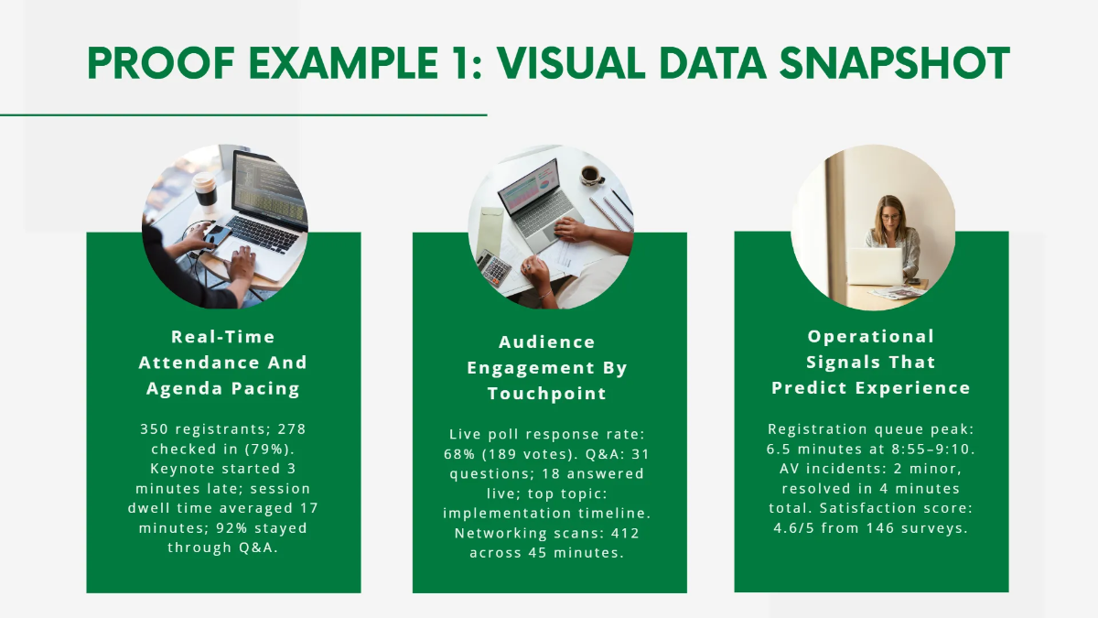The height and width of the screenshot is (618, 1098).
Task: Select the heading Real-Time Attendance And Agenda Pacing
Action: [x=223, y=363]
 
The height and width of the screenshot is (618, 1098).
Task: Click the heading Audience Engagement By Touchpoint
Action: [x=547, y=368]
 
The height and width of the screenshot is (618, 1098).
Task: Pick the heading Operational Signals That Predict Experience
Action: [x=871, y=363]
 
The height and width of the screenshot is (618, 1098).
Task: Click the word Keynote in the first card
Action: [x=181, y=468]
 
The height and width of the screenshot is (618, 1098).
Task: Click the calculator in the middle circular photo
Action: [x=494, y=267]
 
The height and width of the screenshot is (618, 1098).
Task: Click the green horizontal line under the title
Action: [x=243, y=115]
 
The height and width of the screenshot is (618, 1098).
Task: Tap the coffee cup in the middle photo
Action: [x=590, y=173]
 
